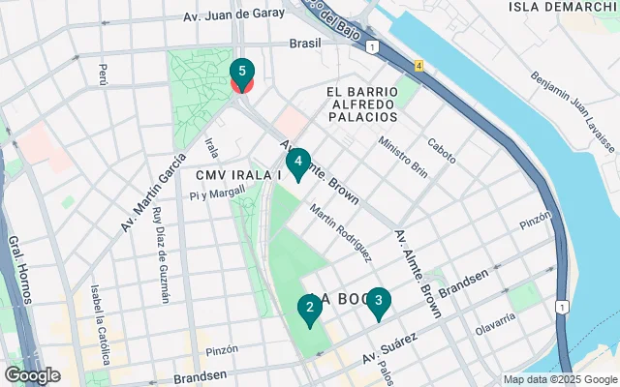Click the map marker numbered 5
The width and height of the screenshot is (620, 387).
[x=241, y=74]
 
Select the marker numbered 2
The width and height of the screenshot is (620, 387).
[x=309, y=310]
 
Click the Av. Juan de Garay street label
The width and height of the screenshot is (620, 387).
[x=234, y=15]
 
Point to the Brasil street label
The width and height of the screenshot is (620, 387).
[x=305, y=44]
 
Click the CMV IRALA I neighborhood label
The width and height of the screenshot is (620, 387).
[x=237, y=175]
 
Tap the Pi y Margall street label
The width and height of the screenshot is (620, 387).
[x=218, y=194]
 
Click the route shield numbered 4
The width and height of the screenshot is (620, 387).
[x=418, y=66]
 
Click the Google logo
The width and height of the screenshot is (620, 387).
[x=32, y=375]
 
